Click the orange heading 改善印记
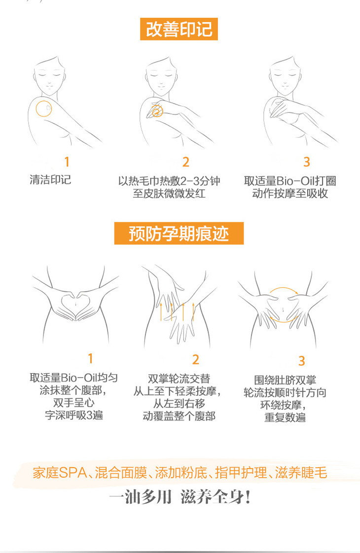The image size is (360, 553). click(x=179, y=29)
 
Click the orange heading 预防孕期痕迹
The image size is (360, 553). click(x=179, y=233)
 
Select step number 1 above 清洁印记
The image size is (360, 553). click(x=67, y=162)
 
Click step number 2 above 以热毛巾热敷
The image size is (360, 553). click(x=186, y=162)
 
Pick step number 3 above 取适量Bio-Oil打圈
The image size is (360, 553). click(x=307, y=162)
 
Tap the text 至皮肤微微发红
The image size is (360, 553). click(x=169, y=193)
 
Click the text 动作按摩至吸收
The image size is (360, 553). click(x=290, y=193)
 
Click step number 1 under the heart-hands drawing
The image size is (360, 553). click(x=90, y=359)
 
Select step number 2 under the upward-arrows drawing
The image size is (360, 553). click(x=196, y=359)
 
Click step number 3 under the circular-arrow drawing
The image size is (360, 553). click(x=302, y=361)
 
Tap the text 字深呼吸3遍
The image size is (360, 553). click(x=74, y=415)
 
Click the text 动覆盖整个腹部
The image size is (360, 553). click(x=180, y=416)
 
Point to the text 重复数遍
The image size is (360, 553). click(x=285, y=417)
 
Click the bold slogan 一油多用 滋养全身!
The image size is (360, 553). click(x=180, y=497)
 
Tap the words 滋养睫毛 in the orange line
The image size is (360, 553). click(x=301, y=473)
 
